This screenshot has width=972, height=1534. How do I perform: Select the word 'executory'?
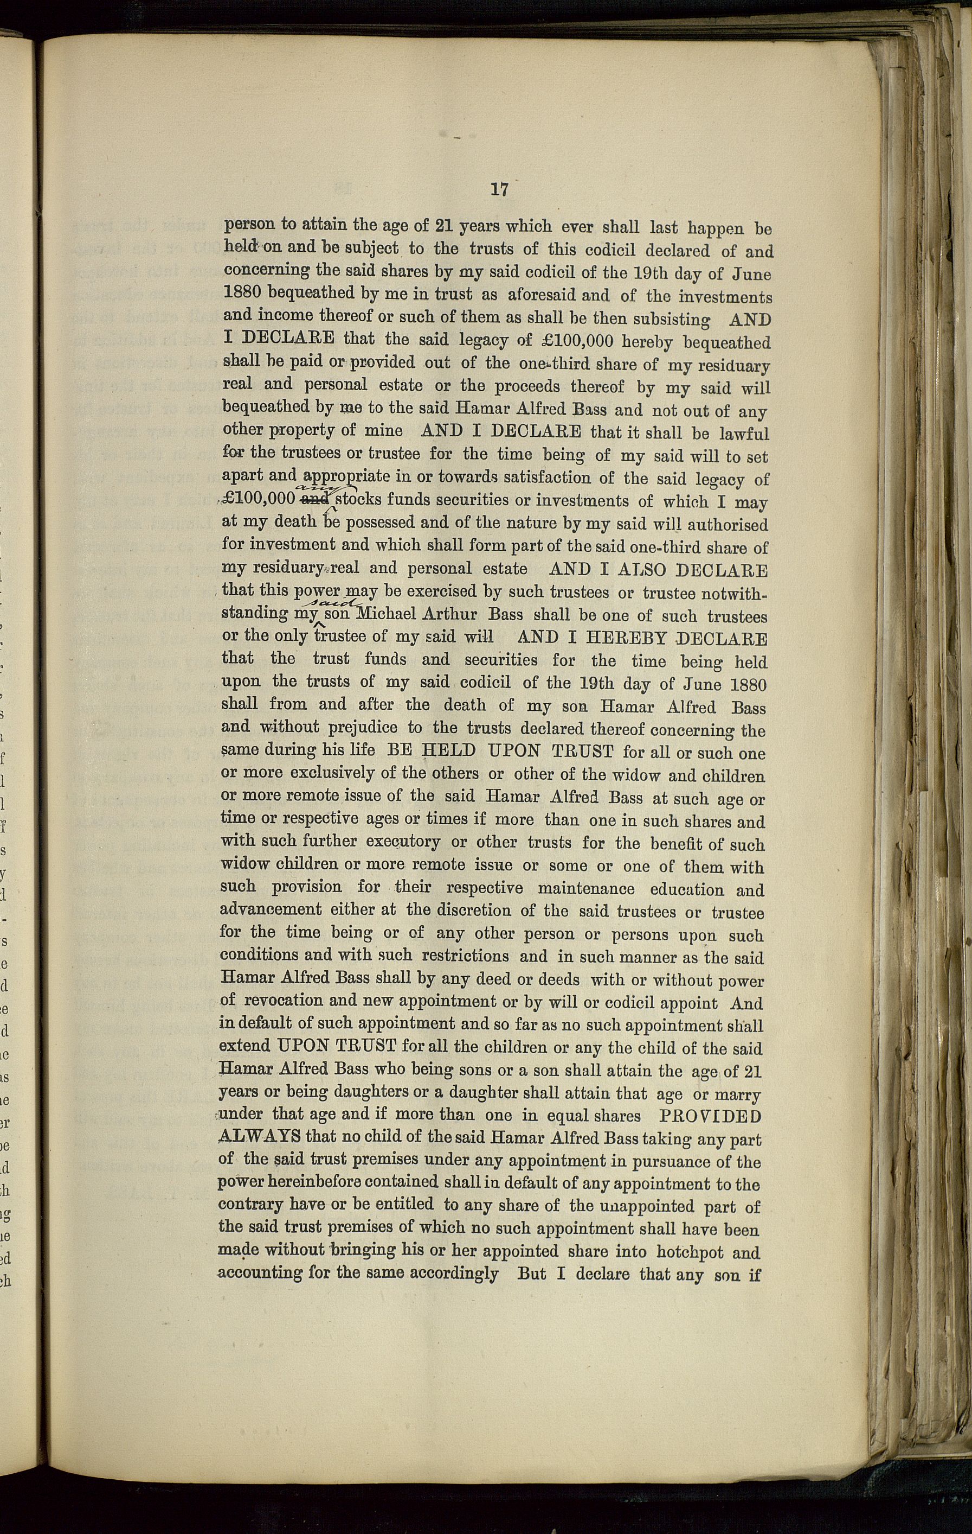point(402,842)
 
